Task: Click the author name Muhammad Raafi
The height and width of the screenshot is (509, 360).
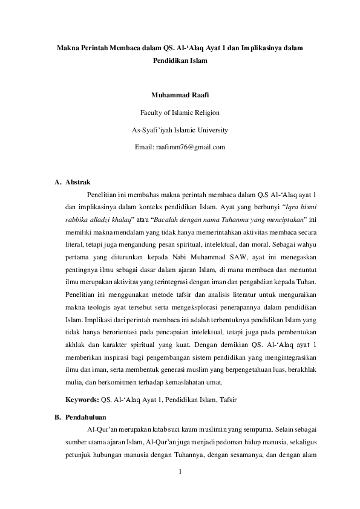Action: coord(179,94)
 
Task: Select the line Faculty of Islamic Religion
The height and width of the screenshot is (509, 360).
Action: coord(179,112)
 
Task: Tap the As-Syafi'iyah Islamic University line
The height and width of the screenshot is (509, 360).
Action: coord(179,129)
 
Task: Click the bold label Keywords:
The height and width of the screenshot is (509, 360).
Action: coord(82,400)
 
